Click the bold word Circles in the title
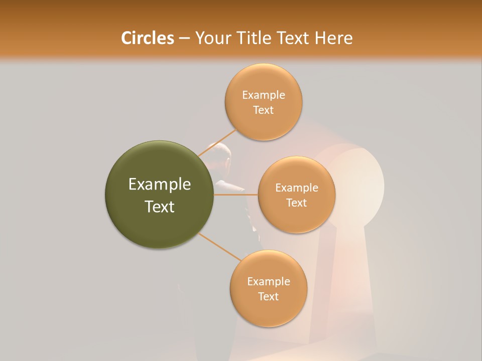tap(147, 38)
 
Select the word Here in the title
tap(333, 38)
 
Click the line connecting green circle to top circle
tap(217, 142)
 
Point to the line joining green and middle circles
tap(236, 195)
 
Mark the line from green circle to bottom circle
tap(219, 246)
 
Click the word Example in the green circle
tap(159, 185)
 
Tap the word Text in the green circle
tap(159, 207)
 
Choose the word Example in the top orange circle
tap(263, 95)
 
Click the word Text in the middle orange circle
tap(296, 203)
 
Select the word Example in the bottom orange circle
tap(268, 282)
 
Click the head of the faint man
tap(221, 153)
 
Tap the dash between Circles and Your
tap(184, 39)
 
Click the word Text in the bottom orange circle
tap(268, 296)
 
